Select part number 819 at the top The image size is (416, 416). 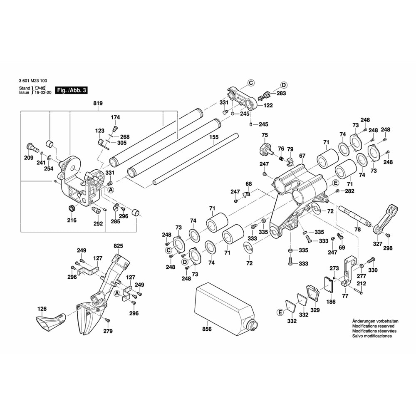(x=98, y=103)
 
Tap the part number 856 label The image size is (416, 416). (x=207, y=329)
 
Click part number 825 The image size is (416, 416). (x=118, y=247)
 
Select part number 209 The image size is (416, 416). (x=28, y=158)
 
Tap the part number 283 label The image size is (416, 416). (x=281, y=94)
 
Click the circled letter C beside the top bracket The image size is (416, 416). (x=251, y=83)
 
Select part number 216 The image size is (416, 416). (x=72, y=220)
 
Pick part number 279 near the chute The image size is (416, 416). (x=108, y=331)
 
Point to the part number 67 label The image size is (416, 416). (x=302, y=156)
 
